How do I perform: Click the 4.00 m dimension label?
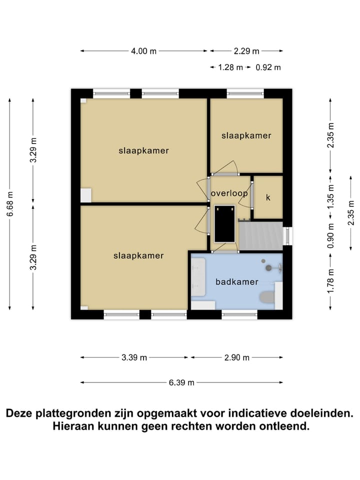pyautogui.click(x=143, y=50)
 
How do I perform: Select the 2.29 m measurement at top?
pyautogui.click(x=246, y=50)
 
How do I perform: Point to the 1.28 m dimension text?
pyautogui.click(x=230, y=67)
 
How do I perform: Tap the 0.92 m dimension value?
pyautogui.click(x=268, y=67)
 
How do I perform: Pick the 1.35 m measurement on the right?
pyautogui.click(x=330, y=199)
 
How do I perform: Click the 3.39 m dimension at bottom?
pyautogui.click(x=134, y=357)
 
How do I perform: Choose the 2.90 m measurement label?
pyautogui.click(x=236, y=357)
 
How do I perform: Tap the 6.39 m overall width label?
pyautogui.click(x=181, y=382)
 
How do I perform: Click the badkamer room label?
pyautogui.click(x=236, y=282)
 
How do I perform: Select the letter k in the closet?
pyautogui.click(x=268, y=197)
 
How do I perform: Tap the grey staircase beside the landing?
pyautogui.click(x=260, y=235)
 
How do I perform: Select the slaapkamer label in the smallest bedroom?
pyautogui.click(x=246, y=135)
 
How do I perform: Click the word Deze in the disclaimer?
pyautogui.click(x=19, y=414)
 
